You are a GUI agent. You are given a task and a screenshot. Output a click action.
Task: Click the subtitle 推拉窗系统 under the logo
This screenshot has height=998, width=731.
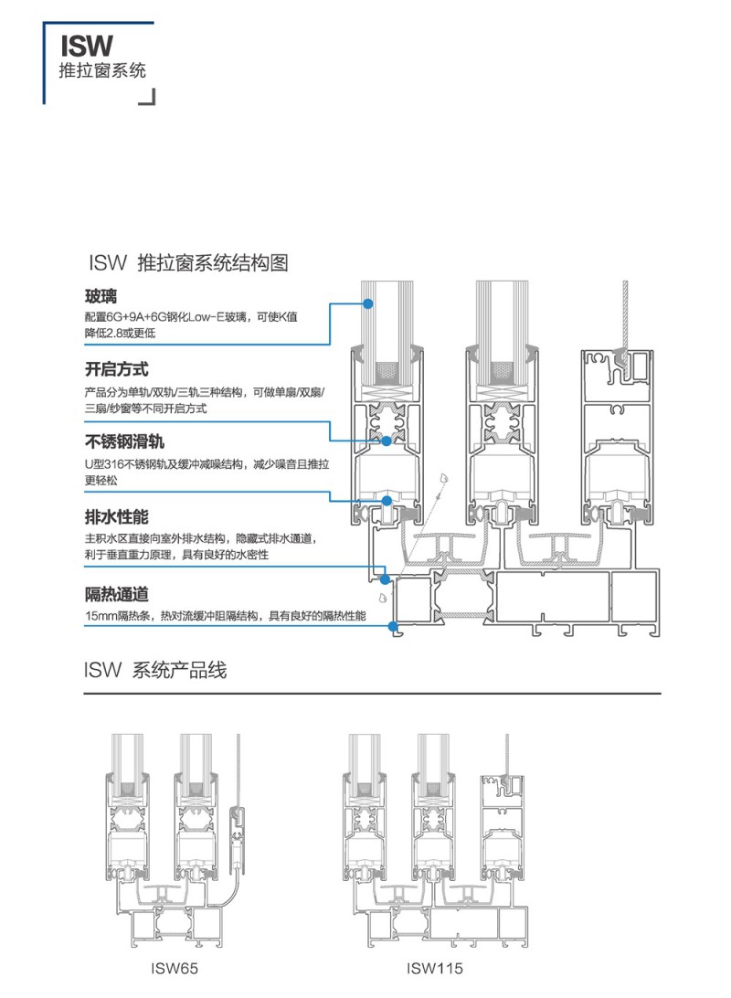[101, 71]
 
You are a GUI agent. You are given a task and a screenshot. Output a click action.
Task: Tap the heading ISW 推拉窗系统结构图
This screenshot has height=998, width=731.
[188, 264]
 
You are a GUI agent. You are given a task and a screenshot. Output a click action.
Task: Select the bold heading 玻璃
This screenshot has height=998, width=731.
[101, 297]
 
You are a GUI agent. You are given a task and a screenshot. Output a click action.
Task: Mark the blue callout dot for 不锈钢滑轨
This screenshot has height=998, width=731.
[387, 501]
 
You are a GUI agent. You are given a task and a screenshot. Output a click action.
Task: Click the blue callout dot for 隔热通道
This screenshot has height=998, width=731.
[393, 627]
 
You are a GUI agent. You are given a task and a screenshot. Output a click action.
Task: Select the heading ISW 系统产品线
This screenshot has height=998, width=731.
[155, 671]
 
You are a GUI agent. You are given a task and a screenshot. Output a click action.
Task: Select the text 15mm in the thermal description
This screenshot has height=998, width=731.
[98, 617]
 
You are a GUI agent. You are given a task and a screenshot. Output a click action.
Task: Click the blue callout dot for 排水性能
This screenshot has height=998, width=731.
[386, 578]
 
